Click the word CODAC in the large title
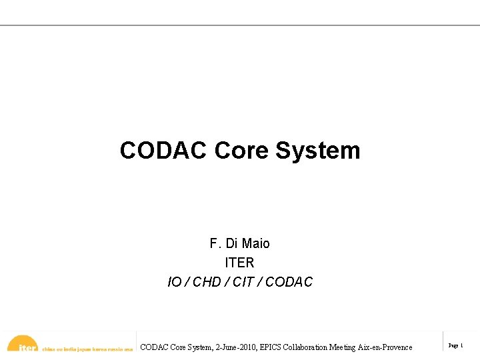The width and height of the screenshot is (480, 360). tap(164, 151)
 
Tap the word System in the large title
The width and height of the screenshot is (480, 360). tap(318, 151)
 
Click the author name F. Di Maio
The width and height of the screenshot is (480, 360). tap(239, 243)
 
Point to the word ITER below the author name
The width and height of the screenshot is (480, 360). tap(239, 263)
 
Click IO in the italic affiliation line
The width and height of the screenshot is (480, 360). tap(175, 282)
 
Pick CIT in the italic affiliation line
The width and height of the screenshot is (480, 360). tap(243, 282)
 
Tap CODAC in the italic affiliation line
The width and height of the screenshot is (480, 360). tap(289, 282)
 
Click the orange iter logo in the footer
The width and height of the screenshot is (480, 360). tap(24, 345)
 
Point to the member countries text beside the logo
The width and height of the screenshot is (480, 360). tap(87, 348)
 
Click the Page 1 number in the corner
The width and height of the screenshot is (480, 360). tap(456, 346)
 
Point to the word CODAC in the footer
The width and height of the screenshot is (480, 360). tap(155, 347)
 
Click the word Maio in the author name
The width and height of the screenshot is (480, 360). tap(257, 243)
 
